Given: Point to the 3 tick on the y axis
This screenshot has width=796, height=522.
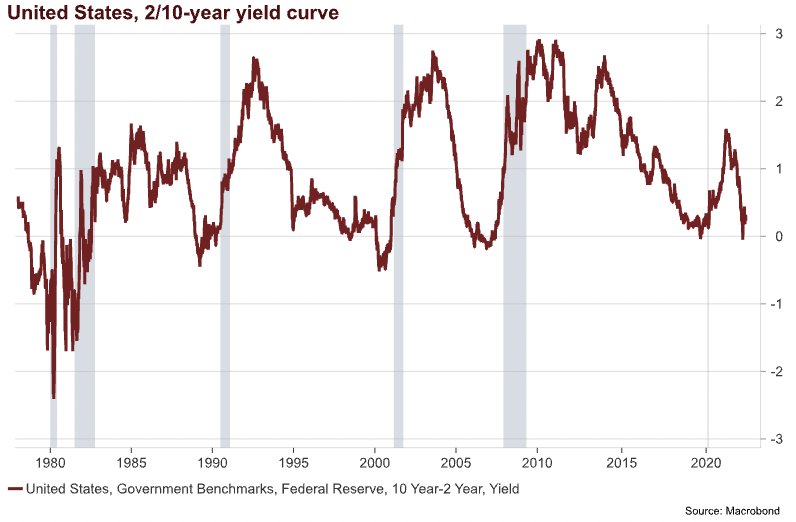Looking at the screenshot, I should pyautogui.click(x=776, y=34).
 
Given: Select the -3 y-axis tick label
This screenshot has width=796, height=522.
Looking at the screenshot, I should pyautogui.click(x=774, y=439).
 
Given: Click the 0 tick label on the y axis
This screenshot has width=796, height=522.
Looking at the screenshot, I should pyautogui.click(x=776, y=236).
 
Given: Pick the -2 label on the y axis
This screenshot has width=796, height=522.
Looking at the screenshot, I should pyautogui.click(x=774, y=371).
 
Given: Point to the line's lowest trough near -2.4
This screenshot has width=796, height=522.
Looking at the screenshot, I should pyautogui.click(x=53, y=397).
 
